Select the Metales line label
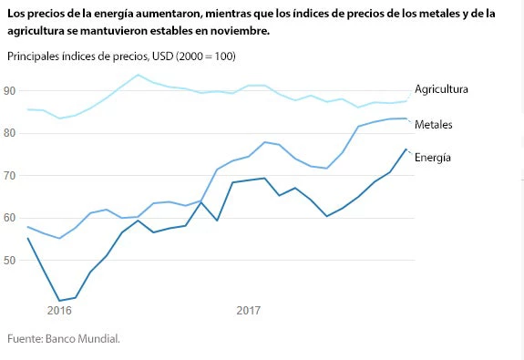point(434,124)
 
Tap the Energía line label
point(433,158)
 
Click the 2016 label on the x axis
point(59,311)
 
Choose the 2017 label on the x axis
point(249,311)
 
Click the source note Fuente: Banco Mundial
point(64,339)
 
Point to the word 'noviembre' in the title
point(238,31)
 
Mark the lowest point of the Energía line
point(60,301)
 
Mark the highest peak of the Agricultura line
point(138,75)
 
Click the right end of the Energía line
point(406,149)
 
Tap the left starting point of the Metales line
point(28,227)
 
